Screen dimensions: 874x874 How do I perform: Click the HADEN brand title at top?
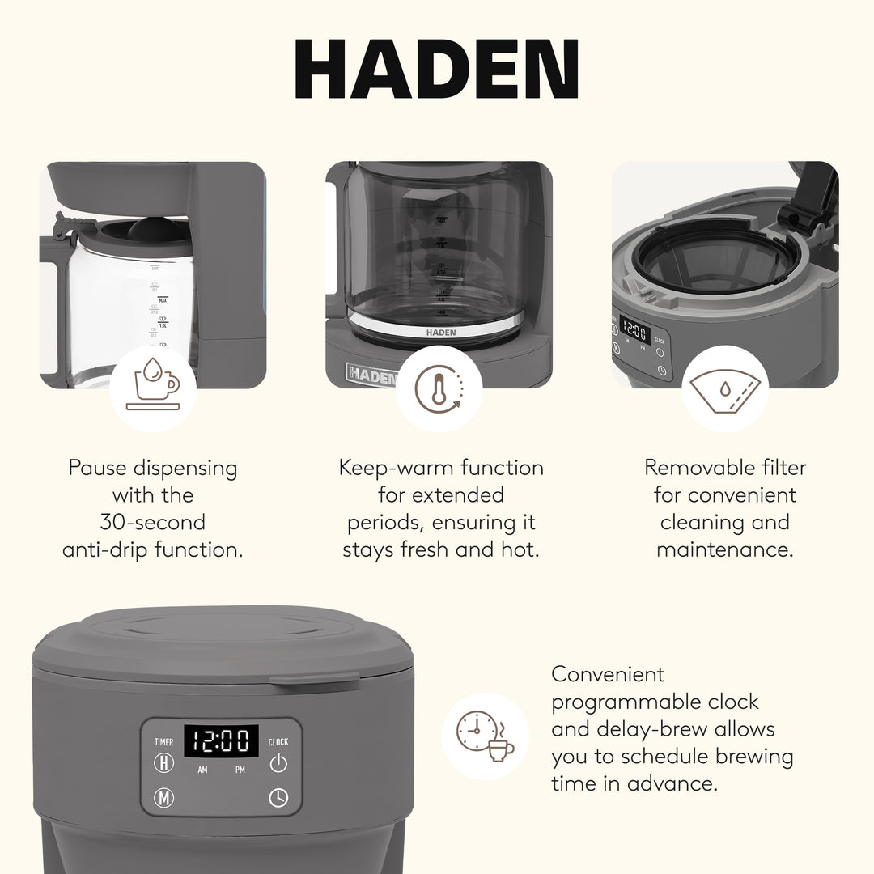[436, 70]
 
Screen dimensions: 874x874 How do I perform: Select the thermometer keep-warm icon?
[439, 388]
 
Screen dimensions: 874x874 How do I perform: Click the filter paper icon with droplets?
[724, 388]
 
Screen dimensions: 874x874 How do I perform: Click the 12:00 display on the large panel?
[221, 740]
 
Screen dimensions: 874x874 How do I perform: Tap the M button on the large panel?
[164, 798]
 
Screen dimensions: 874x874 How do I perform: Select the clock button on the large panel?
[278, 798]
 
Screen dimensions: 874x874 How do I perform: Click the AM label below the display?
[202, 770]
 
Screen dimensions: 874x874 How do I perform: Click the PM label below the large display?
[240, 770]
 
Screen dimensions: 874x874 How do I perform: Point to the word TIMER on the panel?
[163, 742]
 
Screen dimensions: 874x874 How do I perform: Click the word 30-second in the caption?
[153, 522]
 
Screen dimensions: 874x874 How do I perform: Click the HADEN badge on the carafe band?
[440, 333]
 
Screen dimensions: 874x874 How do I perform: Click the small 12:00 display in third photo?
[635, 333]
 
